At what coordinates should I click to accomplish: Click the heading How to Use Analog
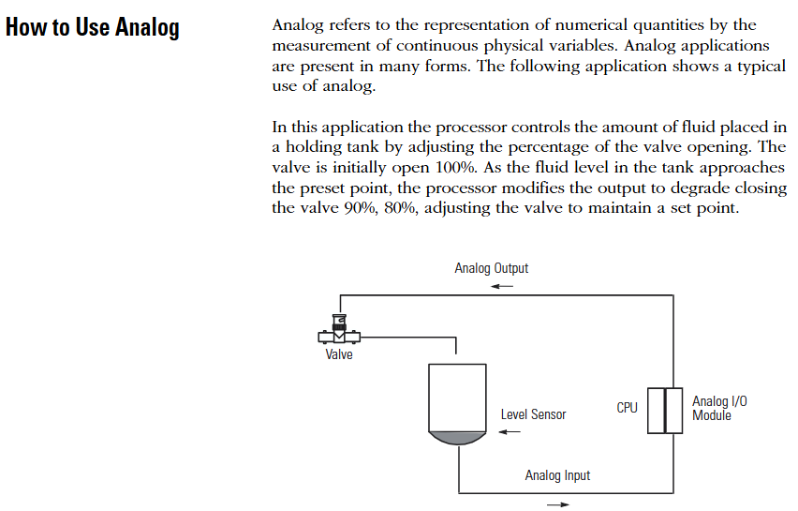(x=92, y=27)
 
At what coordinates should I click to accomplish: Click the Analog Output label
(x=491, y=268)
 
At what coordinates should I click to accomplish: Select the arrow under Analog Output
(x=502, y=286)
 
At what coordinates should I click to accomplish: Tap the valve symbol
(x=339, y=330)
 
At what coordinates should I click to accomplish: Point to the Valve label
(x=339, y=354)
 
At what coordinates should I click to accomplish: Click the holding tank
(x=457, y=404)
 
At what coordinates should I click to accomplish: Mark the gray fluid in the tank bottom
(x=457, y=438)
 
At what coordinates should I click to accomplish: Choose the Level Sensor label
(x=533, y=414)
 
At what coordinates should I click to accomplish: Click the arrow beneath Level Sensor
(x=510, y=432)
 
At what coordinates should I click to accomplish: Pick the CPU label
(x=627, y=408)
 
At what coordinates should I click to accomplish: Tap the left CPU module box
(x=656, y=411)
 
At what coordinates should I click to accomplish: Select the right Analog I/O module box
(x=673, y=411)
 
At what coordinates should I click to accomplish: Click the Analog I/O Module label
(x=719, y=408)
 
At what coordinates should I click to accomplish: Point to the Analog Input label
(x=557, y=475)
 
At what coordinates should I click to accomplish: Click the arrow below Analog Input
(x=558, y=504)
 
